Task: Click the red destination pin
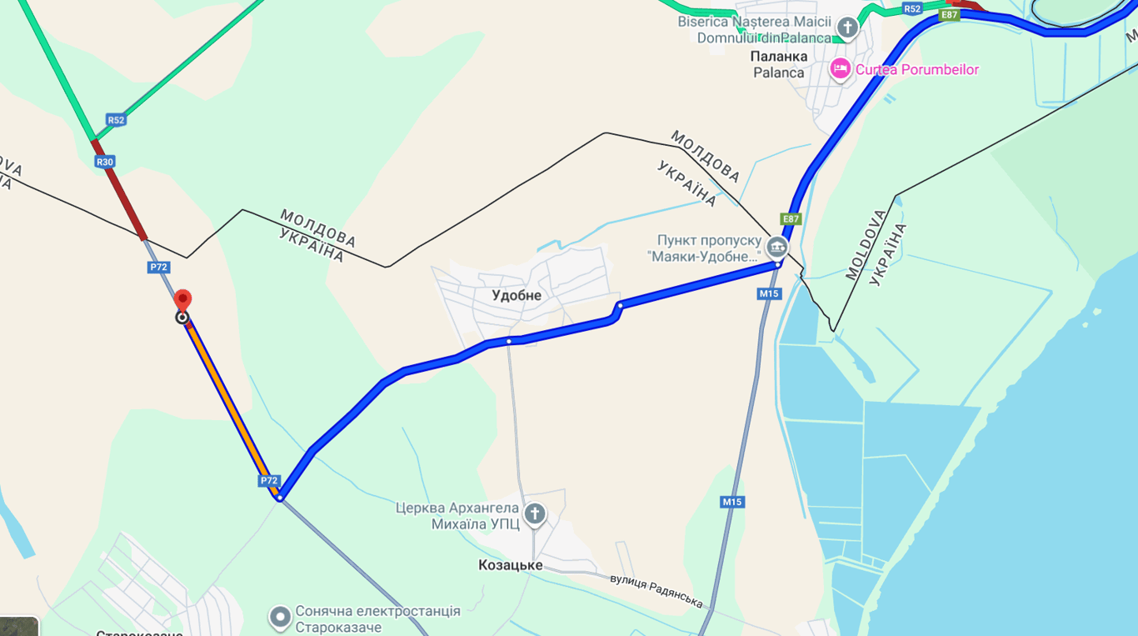(x=182, y=301)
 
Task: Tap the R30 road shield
(x=104, y=162)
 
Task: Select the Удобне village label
(x=517, y=295)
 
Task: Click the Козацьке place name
(x=510, y=565)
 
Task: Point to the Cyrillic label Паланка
(x=780, y=57)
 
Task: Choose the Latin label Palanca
(x=779, y=73)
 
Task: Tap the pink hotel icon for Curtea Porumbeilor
(x=840, y=69)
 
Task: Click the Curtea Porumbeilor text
(x=917, y=70)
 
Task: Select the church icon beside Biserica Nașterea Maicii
(x=847, y=28)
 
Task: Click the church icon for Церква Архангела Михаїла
(x=535, y=514)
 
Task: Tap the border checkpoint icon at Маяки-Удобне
(x=776, y=247)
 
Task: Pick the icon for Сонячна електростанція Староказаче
(x=280, y=618)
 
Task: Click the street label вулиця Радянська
(x=656, y=590)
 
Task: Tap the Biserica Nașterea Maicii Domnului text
(x=754, y=30)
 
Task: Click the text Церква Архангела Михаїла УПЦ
(x=457, y=516)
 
